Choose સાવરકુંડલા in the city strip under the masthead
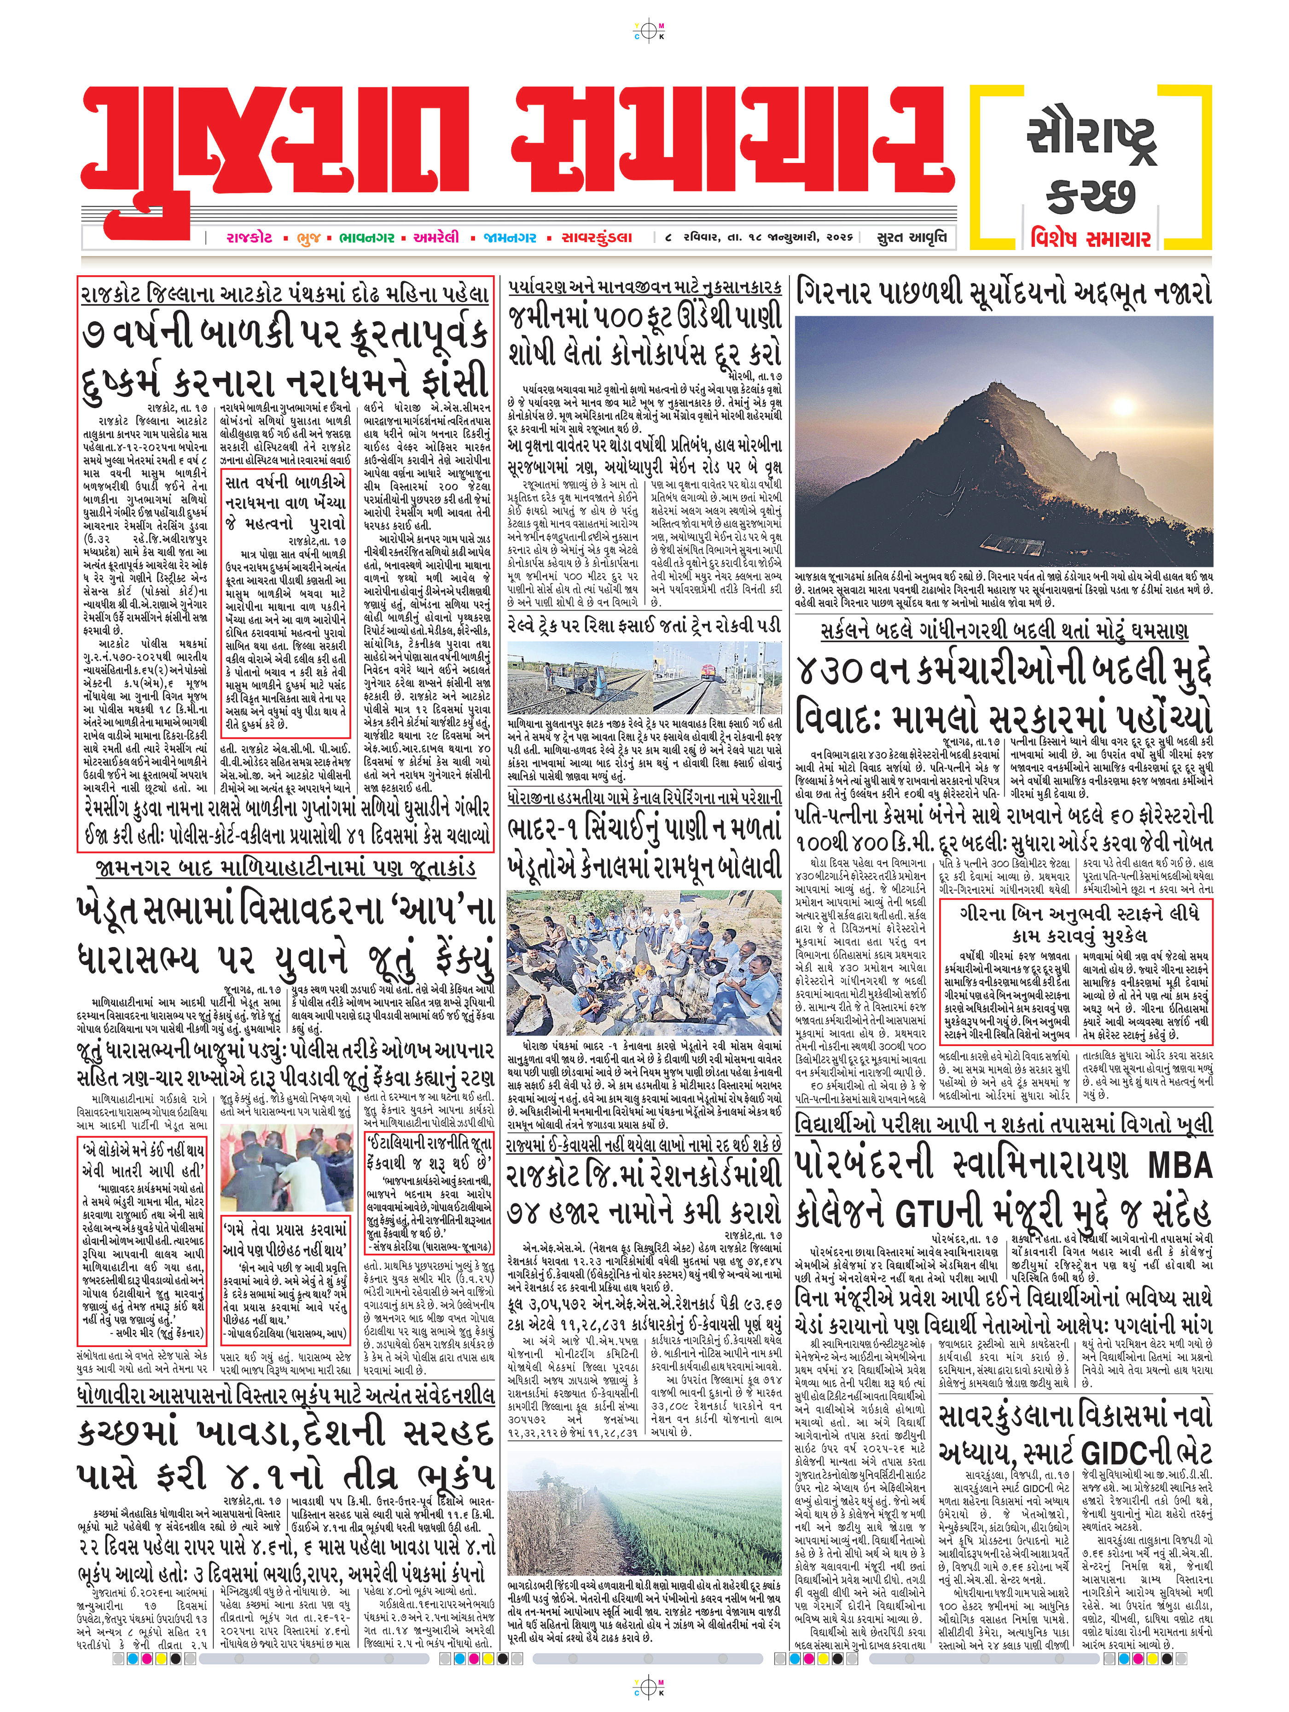[597, 237]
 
